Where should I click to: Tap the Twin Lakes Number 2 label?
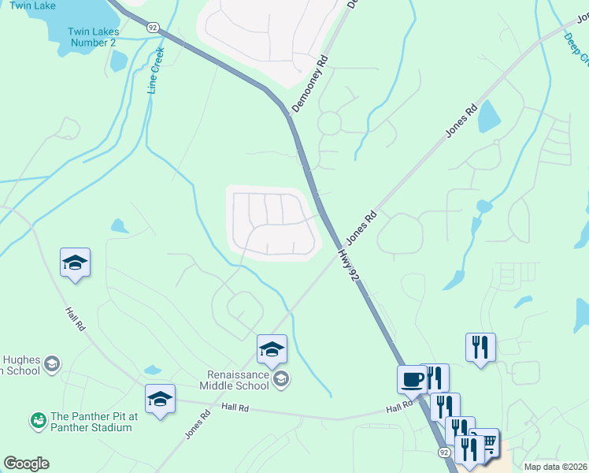93,36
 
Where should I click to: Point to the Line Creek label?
156,72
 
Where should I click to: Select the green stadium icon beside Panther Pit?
37,422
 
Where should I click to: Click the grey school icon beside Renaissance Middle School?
281,381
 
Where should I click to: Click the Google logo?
26,464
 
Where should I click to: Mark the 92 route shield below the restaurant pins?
444,453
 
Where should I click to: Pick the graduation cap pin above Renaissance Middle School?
272,349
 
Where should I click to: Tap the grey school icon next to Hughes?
52,363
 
